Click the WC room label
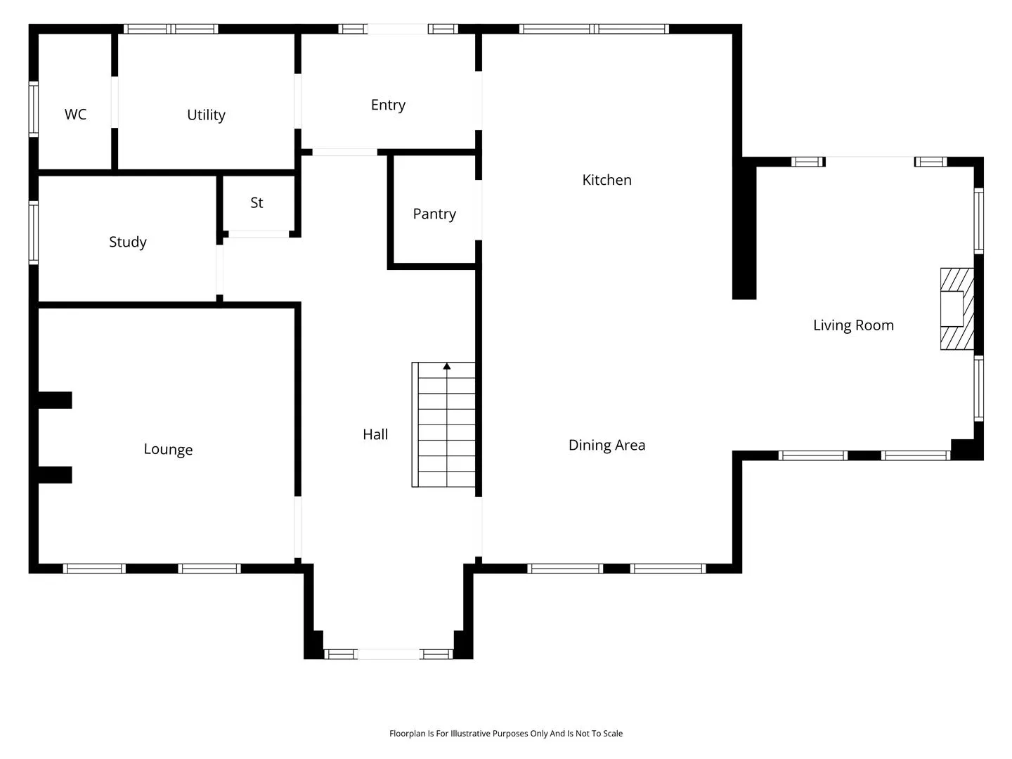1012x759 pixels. (x=75, y=114)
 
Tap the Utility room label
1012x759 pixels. (x=206, y=115)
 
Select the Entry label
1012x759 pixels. (x=388, y=105)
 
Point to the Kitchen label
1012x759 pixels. (x=606, y=180)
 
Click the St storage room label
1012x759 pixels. (x=257, y=202)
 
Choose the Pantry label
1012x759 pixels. (x=434, y=214)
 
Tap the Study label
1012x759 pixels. (x=128, y=242)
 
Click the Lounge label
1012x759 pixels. (x=168, y=449)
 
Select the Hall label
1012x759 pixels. (x=375, y=434)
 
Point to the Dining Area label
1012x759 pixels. (x=606, y=445)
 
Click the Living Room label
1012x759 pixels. (x=853, y=325)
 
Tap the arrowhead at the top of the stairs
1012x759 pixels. (x=447, y=366)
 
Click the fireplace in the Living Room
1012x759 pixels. (x=957, y=309)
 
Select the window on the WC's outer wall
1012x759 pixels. (x=34, y=109)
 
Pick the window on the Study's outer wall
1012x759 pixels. (x=34, y=233)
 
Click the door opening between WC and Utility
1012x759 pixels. (x=115, y=102)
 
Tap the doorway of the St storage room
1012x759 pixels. (x=259, y=234)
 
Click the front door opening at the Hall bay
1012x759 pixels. (x=388, y=654)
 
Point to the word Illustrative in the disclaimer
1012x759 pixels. (x=470, y=733)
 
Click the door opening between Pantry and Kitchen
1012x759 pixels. (x=479, y=209)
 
